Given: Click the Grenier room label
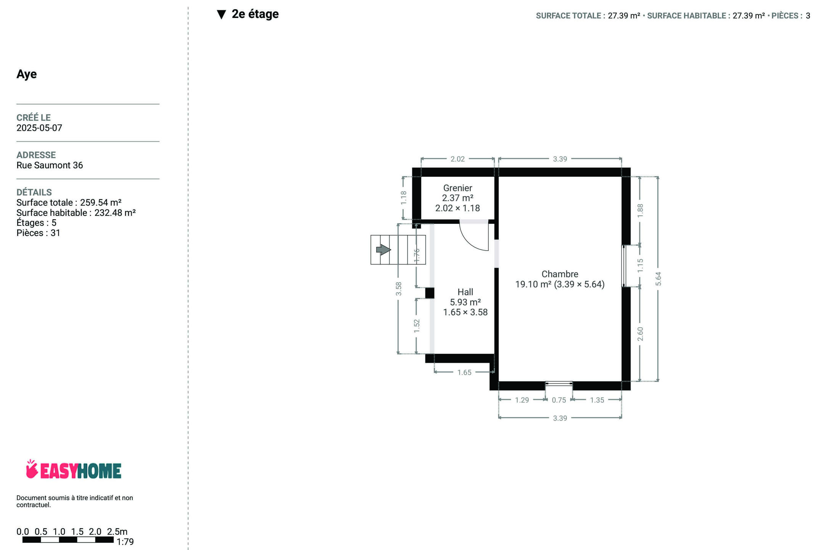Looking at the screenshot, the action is (x=457, y=188).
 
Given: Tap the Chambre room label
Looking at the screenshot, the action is (x=560, y=274).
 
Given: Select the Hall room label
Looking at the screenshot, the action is (x=465, y=292).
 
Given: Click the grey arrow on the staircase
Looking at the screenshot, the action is (x=383, y=250).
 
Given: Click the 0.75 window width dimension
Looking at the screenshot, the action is (x=559, y=400).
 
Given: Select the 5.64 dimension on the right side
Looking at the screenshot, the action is (x=658, y=279).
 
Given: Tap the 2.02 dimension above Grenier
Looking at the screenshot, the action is (x=457, y=159).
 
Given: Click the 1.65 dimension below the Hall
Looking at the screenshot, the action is (x=464, y=372).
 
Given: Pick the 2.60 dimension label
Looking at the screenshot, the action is (x=640, y=334).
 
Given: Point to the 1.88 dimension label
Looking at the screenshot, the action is (x=640, y=211).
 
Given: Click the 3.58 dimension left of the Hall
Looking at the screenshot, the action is (x=399, y=289).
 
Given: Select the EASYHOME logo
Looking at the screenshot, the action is (x=74, y=469).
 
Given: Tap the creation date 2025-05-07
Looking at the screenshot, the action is (x=39, y=128).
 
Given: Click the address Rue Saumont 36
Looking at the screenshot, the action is (x=50, y=165).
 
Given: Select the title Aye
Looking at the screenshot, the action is (x=27, y=74).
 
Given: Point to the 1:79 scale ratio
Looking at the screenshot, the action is (x=125, y=542).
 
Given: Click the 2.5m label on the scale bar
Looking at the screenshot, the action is (x=117, y=532).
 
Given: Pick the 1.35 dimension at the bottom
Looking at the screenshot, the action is (x=597, y=400).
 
